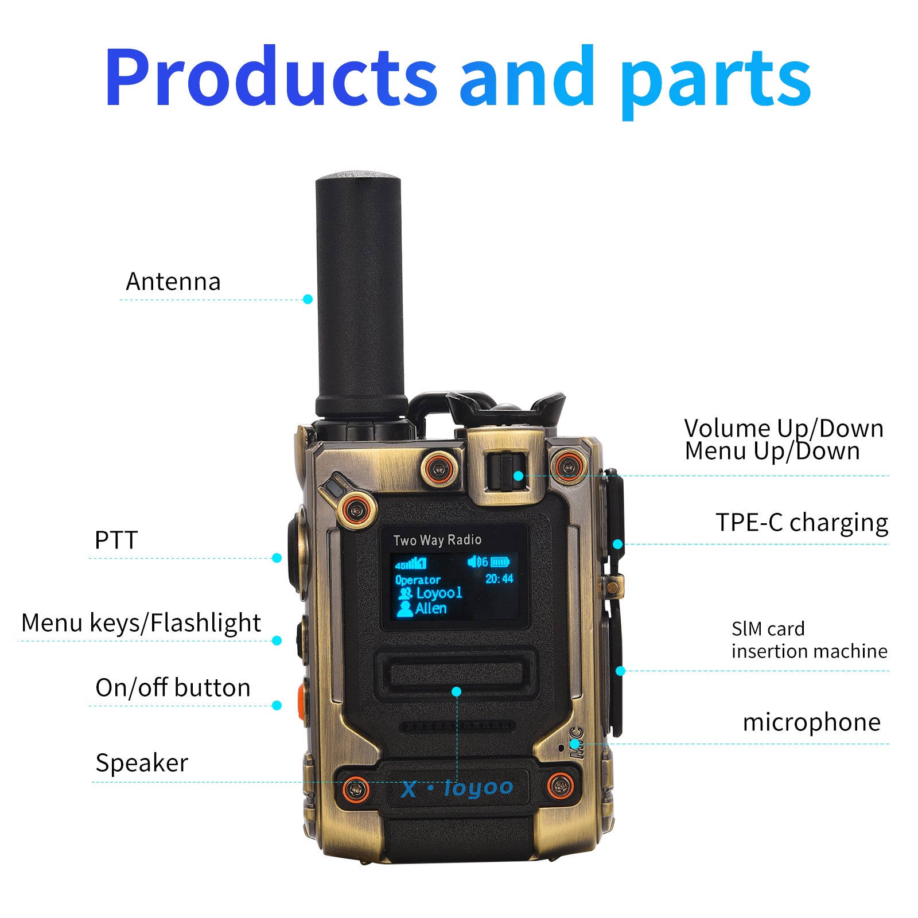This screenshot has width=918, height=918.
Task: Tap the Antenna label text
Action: point(173,282)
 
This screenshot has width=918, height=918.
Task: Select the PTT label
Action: point(116,540)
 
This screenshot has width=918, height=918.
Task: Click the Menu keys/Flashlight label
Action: point(141,623)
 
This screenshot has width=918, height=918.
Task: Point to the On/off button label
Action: point(173,687)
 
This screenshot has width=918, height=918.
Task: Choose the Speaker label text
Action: point(142,763)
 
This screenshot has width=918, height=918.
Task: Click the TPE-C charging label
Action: point(802,523)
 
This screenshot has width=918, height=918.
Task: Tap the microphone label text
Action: point(811,722)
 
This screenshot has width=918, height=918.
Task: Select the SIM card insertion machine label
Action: point(809,640)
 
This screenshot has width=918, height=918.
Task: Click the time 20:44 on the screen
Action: point(499,579)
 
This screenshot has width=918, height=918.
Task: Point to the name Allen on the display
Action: point(430,608)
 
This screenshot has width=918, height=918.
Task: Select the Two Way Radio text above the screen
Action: point(437,540)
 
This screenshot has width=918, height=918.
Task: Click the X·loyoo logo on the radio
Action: point(457,788)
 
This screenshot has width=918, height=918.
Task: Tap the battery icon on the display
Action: point(500,562)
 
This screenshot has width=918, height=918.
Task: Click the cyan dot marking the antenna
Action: point(308,299)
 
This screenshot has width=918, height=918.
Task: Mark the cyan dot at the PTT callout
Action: point(277,558)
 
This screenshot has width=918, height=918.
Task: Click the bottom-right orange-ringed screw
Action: point(561,785)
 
